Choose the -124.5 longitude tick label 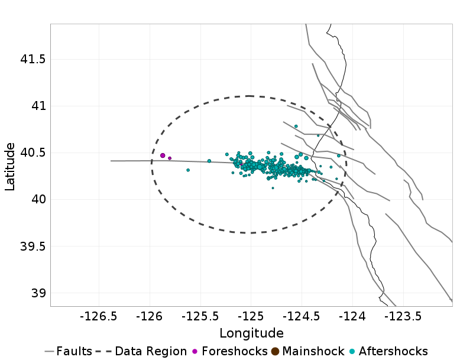[x=302, y=317]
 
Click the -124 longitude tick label [x=353, y=317]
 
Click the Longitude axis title [x=251, y=333]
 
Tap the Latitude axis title [x=10, y=166]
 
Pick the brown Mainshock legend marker [x=276, y=351]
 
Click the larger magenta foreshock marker [x=163, y=155]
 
